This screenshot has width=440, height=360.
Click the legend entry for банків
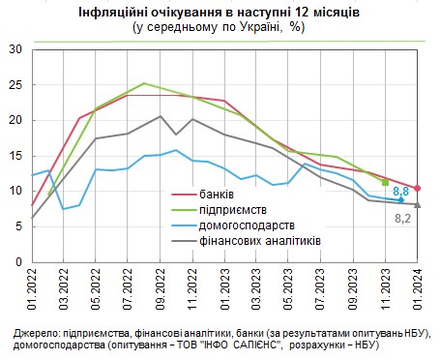tap(227, 195)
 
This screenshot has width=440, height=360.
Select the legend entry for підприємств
tap(239, 209)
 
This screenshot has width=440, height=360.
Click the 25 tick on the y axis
tap(14, 84)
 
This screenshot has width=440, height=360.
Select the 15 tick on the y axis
tap(14, 155)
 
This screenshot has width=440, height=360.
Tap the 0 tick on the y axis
tap(17, 261)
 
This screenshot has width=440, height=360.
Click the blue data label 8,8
tap(401, 192)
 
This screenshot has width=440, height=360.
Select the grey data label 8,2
tap(404, 219)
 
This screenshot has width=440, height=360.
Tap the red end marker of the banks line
tap(417, 188)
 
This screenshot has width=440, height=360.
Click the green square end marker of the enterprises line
tap(385, 182)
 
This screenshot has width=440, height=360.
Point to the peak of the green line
tap(144, 83)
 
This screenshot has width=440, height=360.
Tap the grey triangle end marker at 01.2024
tap(417, 204)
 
